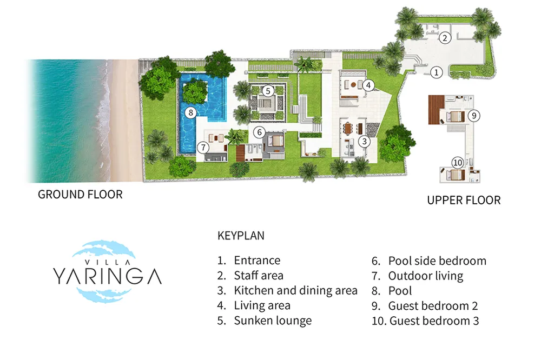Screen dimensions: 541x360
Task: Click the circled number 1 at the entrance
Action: [437, 72]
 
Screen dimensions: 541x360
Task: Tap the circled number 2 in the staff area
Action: [445, 38]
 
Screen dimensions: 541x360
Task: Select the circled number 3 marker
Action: [364, 141]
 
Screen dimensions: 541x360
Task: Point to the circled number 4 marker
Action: [368, 85]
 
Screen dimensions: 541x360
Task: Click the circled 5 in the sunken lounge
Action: [268, 91]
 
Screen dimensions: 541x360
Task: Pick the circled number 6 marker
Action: [260, 132]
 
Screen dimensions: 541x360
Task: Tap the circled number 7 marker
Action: [203, 148]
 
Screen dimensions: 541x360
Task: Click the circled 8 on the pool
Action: [190, 112]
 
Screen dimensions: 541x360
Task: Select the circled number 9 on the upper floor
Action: [474, 116]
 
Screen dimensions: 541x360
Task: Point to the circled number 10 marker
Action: [458, 162]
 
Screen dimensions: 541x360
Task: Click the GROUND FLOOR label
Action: [80, 195]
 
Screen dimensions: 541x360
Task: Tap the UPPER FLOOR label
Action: [464, 201]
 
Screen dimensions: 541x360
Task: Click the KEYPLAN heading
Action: [241, 236]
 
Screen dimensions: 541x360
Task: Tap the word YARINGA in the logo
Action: [107, 276]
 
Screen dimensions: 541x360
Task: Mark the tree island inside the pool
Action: [195, 92]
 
